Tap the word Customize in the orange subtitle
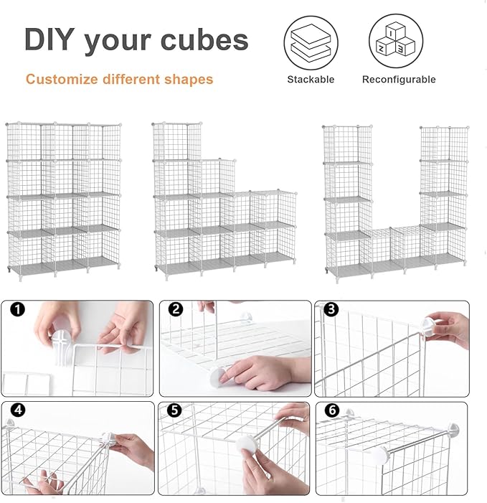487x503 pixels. (60, 79)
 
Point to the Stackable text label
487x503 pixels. (311, 80)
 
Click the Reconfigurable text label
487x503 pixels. (398, 80)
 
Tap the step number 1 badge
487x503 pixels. (19, 311)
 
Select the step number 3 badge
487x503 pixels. (330, 310)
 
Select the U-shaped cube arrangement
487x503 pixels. (394, 201)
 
